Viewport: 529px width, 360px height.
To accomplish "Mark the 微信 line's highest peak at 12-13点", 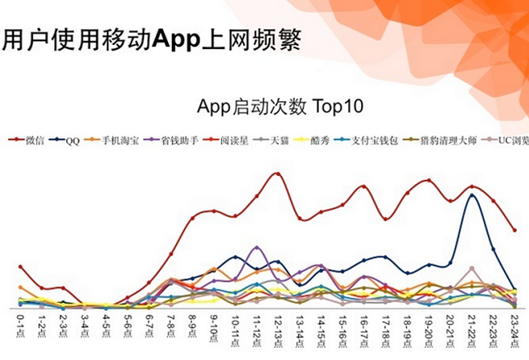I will pos(277,174).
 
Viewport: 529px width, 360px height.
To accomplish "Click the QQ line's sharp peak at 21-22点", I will pos(472,195).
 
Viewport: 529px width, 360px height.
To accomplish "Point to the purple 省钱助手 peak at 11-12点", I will pos(257,247).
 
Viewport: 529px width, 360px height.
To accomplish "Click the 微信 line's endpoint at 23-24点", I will pos(514,230).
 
